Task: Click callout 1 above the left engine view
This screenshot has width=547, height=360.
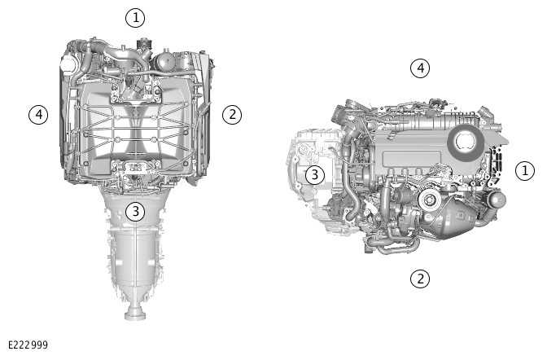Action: pyautogui.click(x=135, y=18)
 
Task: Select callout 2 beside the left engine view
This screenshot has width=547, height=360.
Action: pyautogui.click(x=232, y=114)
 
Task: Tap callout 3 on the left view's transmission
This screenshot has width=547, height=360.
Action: pyautogui.click(x=135, y=211)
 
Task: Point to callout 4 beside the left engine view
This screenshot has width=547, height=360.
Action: pyautogui.click(x=38, y=114)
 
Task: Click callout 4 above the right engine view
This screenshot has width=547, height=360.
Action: pyautogui.click(x=420, y=68)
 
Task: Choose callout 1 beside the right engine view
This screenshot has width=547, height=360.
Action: pyautogui.click(x=525, y=171)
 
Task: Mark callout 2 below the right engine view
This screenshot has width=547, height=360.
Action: pyautogui.click(x=420, y=279)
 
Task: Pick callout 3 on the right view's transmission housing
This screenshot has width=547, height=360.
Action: pyautogui.click(x=315, y=174)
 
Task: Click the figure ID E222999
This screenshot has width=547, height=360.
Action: pyautogui.click(x=28, y=345)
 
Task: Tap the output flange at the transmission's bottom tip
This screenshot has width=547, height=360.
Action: pyautogui.click(x=134, y=313)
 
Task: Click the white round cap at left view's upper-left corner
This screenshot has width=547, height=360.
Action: pyautogui.click(x=68, y=64)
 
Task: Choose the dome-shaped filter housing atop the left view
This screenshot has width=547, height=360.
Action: pyautogui.click(x=164, y=61)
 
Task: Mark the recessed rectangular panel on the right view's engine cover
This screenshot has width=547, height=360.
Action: pyautogui.click(x=412, y=160)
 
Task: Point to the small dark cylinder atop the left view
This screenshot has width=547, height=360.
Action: pyautogui.click(x=144, y=44)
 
